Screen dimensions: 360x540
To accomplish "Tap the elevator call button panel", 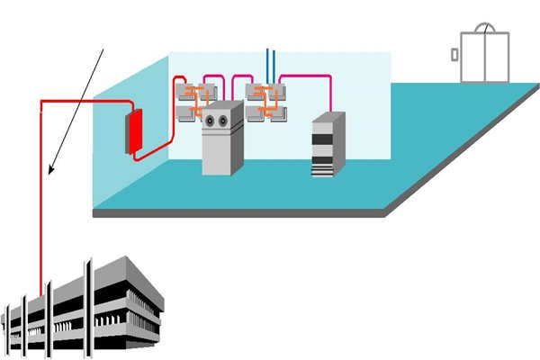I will click(x=454, y=54).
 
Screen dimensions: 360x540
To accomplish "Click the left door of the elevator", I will click(x=473, y=58).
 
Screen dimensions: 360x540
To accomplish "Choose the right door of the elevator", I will click(x=496, y=58).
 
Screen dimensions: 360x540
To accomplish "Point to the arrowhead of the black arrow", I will click(x=52, y=170).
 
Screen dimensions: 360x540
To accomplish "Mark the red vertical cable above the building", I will click(x=41, y=198).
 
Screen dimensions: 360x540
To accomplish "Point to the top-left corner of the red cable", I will click(x=41, y=103).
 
